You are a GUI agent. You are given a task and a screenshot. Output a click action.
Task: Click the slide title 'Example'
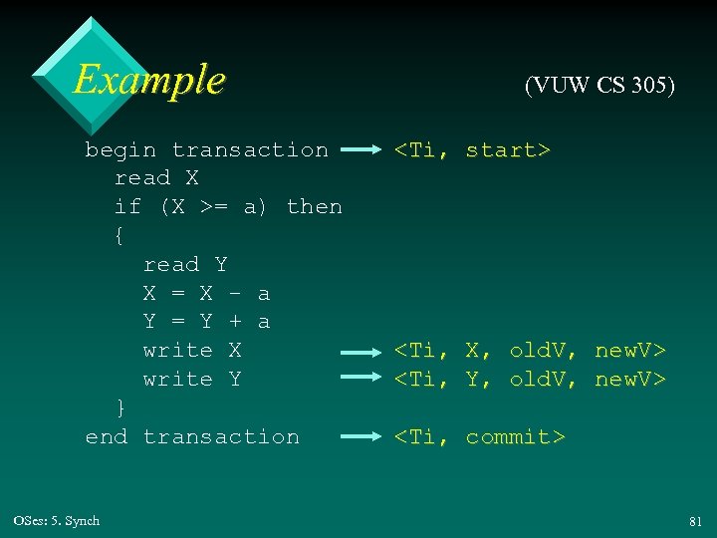[x=149, y=79]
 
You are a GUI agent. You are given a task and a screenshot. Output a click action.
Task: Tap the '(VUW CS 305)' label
[x=599, y=86]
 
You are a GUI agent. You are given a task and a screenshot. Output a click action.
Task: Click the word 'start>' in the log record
[x=508, y=150]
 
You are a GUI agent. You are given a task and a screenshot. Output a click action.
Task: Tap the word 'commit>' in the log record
[x=515, y=436]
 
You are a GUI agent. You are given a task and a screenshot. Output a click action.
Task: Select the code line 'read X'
[x=156, y=178]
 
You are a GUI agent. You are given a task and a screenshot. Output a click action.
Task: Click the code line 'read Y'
[x=185, y=264]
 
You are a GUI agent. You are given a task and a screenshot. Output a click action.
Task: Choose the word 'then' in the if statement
[x=314, y=207]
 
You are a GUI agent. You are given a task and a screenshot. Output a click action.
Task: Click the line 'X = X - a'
[x=206, y=293]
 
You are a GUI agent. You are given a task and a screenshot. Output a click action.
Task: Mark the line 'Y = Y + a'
[x=206, y=322]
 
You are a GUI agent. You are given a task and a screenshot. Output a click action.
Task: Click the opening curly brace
[x=120, y=236]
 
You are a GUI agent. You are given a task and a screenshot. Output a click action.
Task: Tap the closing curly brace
[x=120, y=407]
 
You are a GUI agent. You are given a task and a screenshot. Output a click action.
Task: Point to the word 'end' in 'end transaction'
[x=107, y=436]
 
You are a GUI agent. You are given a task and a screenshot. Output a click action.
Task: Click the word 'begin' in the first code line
[x=120, y=150]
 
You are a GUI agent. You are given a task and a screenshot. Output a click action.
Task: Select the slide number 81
[x=694, y=521]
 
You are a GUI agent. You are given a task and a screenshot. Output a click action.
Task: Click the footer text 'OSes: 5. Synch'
[x=57, y=521]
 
